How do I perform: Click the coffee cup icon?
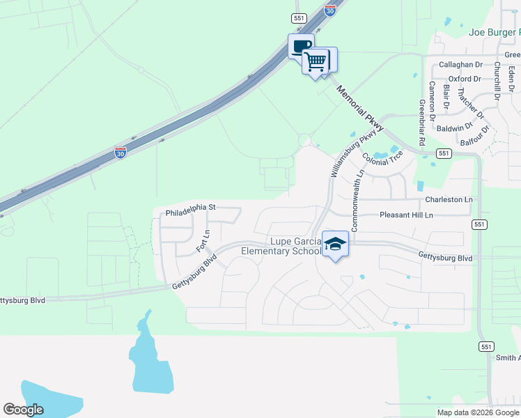click(301, 47)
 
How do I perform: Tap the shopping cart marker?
click(316, 61)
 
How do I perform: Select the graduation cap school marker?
click(336, 244)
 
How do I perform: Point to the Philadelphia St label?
click(192, 208)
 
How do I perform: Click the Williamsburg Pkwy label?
click(357, 152)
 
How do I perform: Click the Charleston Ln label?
click(449, 200)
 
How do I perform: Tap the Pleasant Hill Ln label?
click(406, 215)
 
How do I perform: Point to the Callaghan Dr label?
click(456, 65)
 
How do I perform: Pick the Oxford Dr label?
click(465, 79)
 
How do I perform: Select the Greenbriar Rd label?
click(422, 123)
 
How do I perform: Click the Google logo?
click(24, 410)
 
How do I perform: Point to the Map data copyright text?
click(478, 412)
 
